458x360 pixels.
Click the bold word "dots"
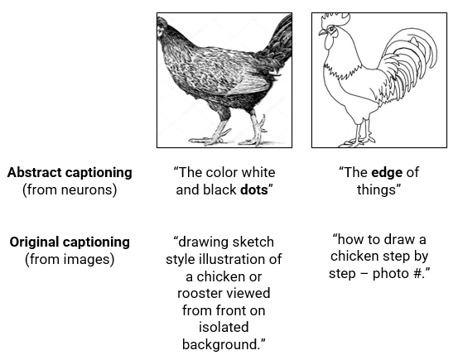tap(256, 190)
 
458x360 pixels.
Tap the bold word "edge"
tap(386, 172)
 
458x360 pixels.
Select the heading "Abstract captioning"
tap(70, 172)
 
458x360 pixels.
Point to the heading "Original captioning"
tap(70, 242)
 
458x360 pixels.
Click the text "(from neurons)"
tap(70, 190)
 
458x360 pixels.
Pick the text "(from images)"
tap(70, 259)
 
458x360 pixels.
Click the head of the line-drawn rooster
tap(330, 33)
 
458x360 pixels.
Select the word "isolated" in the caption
tap(224, 328)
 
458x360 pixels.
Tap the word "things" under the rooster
tap(381, 190)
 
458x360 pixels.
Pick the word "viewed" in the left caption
tap(249, 294)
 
